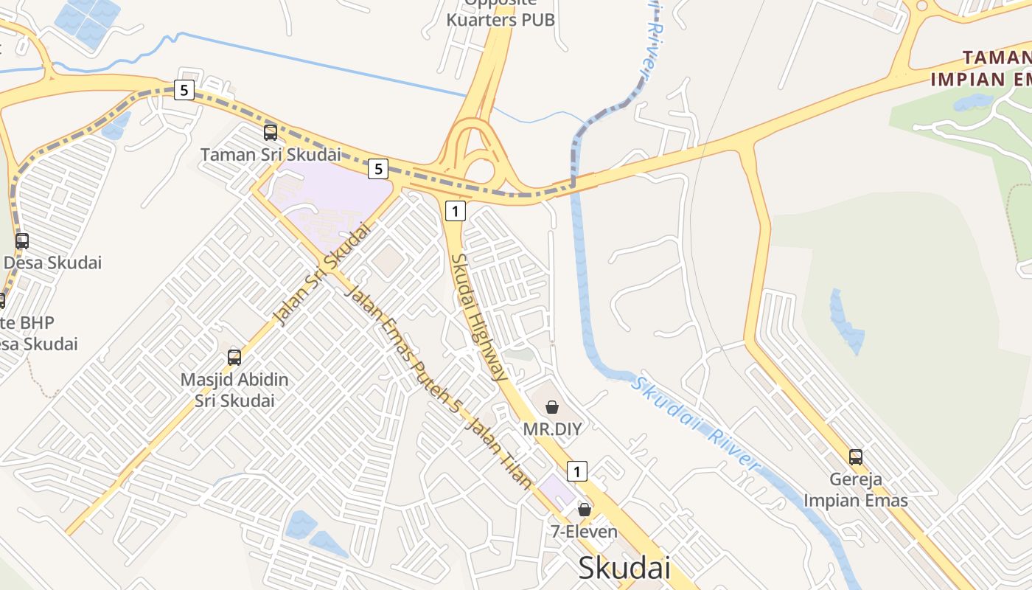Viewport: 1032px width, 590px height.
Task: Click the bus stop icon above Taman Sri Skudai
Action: point(271,133)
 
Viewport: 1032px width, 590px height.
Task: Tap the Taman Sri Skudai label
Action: point(271,155)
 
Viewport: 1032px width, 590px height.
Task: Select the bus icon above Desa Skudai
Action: point(22,241)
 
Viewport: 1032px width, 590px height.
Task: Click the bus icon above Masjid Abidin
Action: point(234,358)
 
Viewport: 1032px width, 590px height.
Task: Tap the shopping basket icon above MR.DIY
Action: point(551,406)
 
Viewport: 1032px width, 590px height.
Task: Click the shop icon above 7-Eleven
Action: point(584,510)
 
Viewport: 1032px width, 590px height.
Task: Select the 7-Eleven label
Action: point(584,531)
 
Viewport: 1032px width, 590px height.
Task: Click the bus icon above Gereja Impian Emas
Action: point(855,457)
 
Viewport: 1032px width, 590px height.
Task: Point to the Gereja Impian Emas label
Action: point(855,490)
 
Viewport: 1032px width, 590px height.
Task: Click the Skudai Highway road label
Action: point(479,317)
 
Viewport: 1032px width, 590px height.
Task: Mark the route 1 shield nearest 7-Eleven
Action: point(577,471)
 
